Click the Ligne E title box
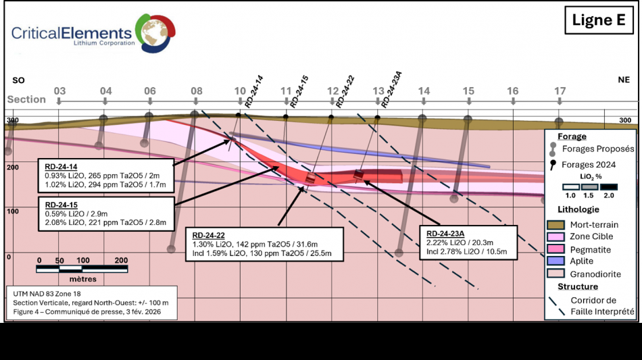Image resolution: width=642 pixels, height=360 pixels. [598, 20]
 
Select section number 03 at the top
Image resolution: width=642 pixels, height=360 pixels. [59, 91]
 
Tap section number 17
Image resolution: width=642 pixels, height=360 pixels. [560, 91]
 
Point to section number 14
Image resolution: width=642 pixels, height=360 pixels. [423, 91]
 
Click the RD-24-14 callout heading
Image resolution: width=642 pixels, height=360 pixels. [61, 167]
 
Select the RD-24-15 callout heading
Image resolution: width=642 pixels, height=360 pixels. [61, 204]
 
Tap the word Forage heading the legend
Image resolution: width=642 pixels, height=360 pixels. [572, 136]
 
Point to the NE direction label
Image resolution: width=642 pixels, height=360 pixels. [623, 80]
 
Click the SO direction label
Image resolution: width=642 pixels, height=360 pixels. [19, 80]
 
